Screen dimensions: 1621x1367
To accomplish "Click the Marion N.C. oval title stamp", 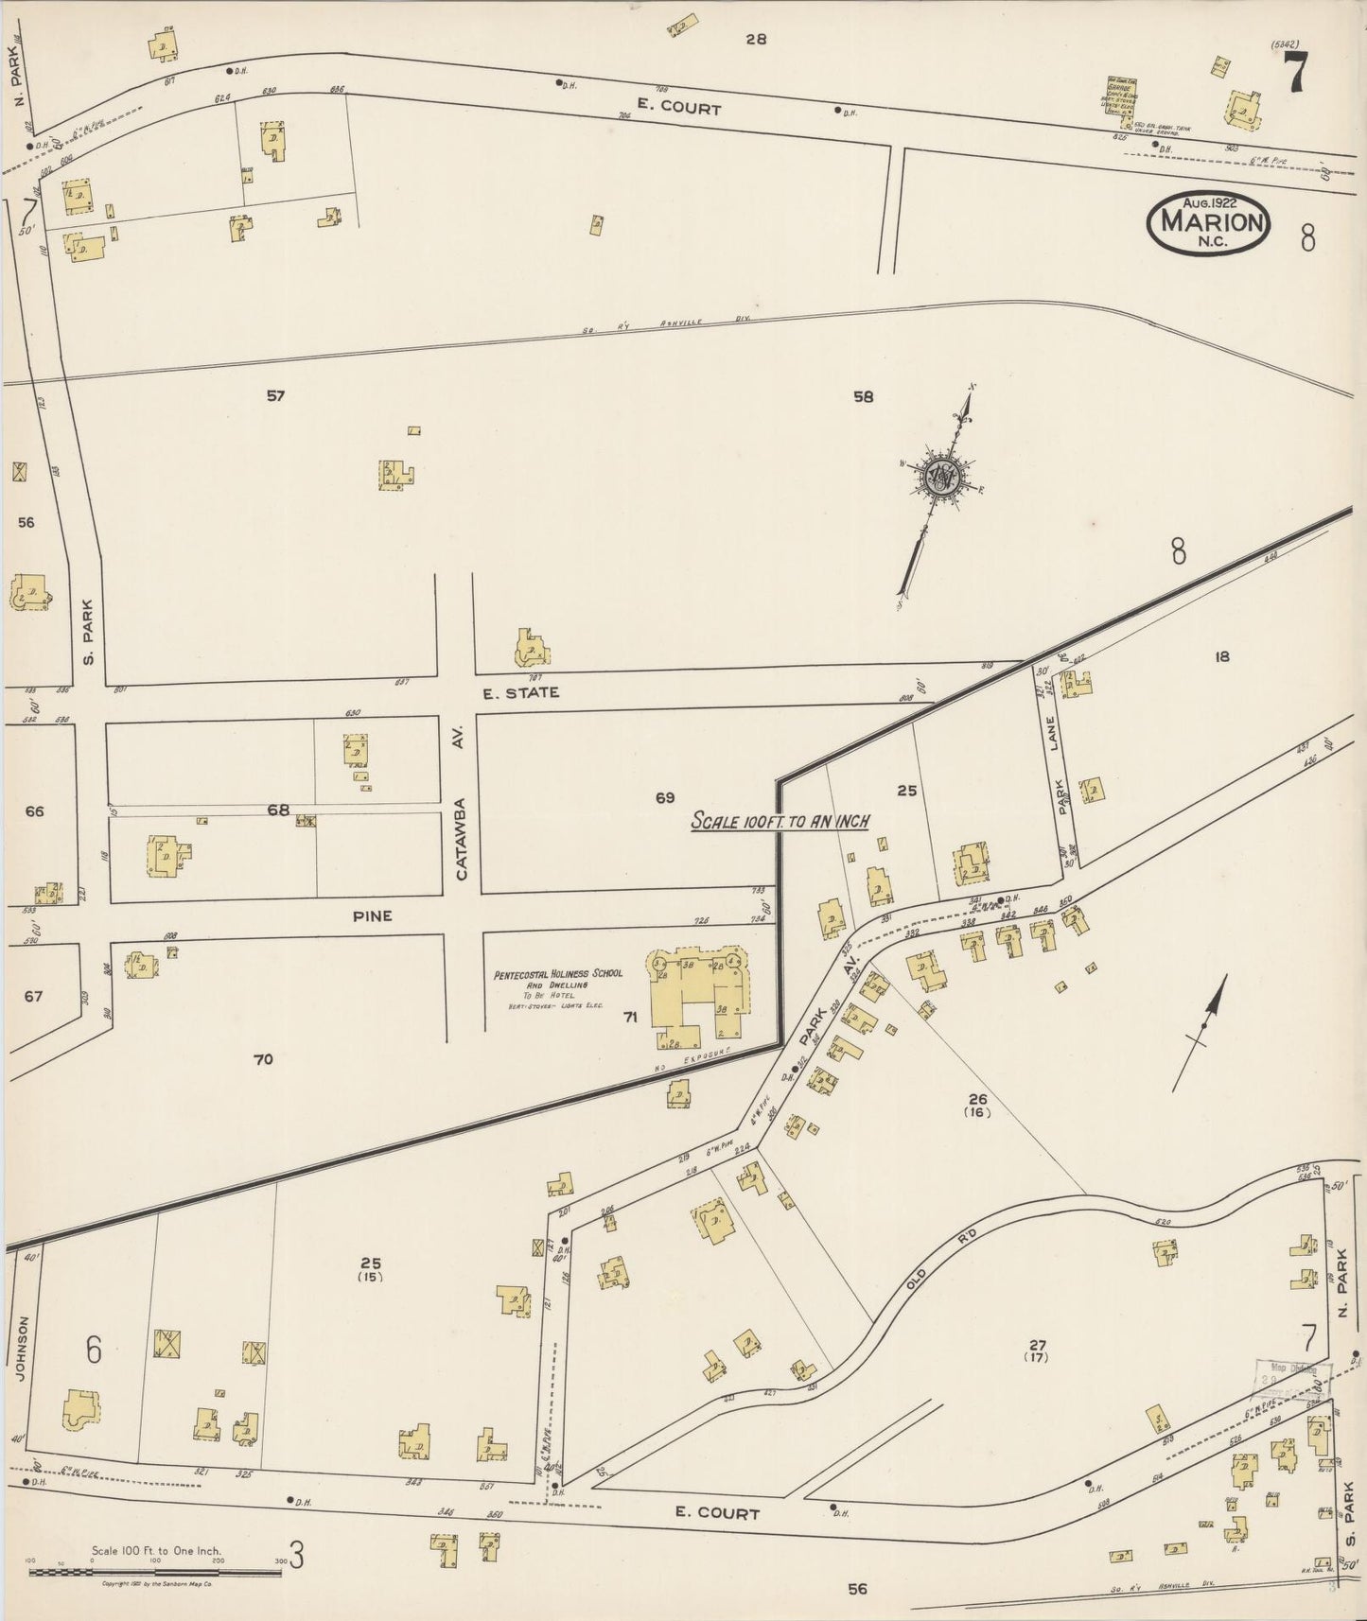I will point(1209,224).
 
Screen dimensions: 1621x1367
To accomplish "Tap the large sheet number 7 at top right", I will point(1295,73).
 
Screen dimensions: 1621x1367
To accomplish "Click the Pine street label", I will point(372,915).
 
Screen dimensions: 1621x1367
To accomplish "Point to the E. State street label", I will point(520,693).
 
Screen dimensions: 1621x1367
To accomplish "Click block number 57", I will point(274,396).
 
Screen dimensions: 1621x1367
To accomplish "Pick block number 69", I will point(664,798).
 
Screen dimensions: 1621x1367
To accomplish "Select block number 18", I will point(1221,656).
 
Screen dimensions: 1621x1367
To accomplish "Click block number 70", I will point(263,1059).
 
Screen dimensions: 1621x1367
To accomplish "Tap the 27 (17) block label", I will point(1038,1351).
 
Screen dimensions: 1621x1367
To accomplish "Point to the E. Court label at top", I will point(678,109).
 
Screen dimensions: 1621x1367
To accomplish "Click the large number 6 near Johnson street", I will point(93,1351).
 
